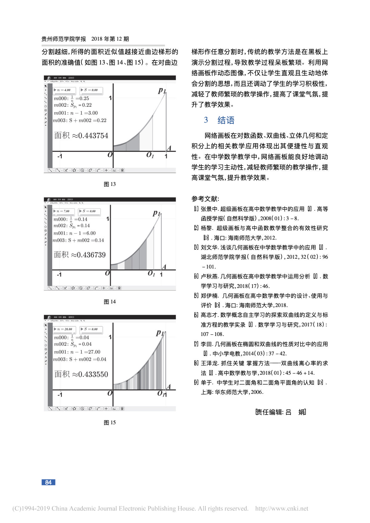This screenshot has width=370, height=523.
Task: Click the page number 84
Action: [x=48, y=482]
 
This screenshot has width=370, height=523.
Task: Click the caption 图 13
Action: [x=110, y=184]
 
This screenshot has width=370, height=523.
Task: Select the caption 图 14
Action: [x=110, y=302]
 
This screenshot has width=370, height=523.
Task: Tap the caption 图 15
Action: [x=110, y=422]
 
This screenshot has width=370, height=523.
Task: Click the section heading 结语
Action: [x=226, y=120]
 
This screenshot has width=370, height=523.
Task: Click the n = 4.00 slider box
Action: [x=64, y=90]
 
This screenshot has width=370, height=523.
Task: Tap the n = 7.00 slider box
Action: [x=63, y=211]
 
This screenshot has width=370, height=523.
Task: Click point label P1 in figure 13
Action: [x=162, y=90]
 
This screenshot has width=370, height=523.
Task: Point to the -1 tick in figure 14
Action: [x=59, y=274]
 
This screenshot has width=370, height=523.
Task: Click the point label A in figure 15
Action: [x=169, y=386]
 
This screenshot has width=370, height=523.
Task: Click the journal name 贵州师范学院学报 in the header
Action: [x=64, y=39]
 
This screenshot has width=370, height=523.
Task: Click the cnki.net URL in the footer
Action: [x=282, y=508]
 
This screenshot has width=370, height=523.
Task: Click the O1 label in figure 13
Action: [x=150, y=155]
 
